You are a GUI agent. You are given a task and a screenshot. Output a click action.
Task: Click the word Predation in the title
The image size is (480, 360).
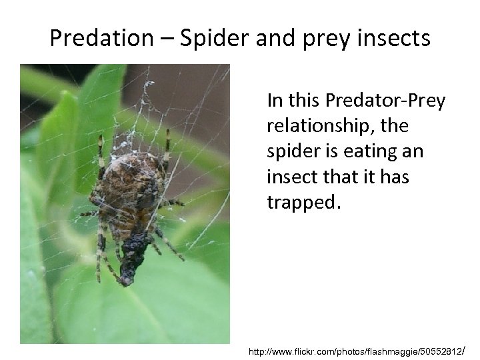click(101, 39)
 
